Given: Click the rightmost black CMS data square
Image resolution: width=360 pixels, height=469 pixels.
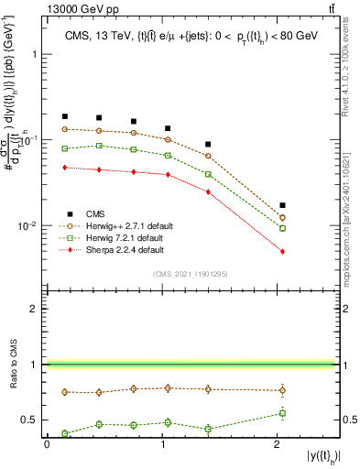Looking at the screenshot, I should pos(282,205).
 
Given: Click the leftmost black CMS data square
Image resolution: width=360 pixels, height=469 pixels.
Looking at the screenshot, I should pos(65,117).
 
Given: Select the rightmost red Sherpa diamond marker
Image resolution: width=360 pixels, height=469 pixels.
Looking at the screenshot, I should pos(282,251).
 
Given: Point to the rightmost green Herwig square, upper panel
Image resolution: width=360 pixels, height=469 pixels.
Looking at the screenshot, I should pos(282,228).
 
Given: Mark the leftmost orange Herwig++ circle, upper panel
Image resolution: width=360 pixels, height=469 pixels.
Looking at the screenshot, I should pos(65,129).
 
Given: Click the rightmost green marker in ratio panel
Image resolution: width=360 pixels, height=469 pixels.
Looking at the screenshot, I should pos(282,413).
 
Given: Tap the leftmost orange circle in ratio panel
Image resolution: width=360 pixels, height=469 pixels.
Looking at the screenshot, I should pos(65,392).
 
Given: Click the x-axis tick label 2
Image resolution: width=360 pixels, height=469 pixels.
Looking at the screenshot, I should pos(276,444).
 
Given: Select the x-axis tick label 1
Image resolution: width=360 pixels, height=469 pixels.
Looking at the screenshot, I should pos(162,444).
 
